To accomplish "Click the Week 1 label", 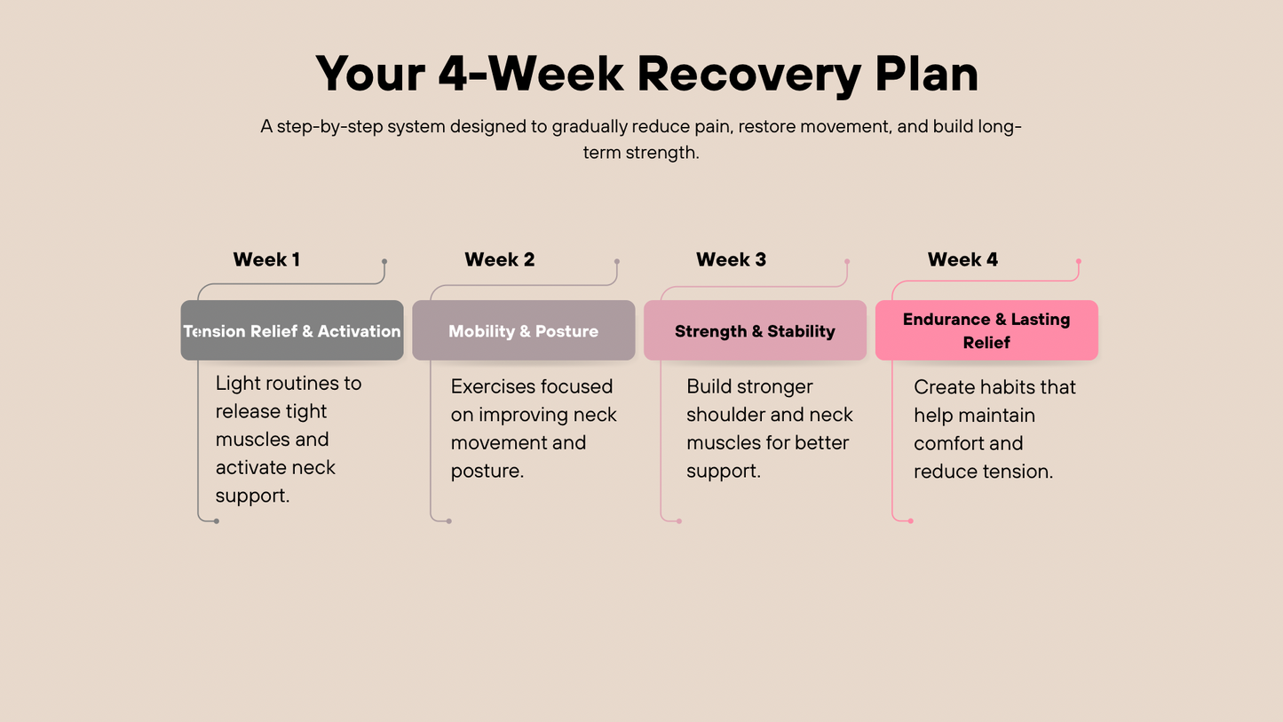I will (266, 260).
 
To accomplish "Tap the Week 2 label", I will (499, 260).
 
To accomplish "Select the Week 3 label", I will (731, 260).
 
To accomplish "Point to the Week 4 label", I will (962, 260).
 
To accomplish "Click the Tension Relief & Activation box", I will (292, 331).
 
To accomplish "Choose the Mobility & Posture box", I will (523, 331).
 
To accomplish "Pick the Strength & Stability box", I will (755, 331).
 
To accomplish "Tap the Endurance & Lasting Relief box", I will (986, 330).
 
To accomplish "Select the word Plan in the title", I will (926, 74).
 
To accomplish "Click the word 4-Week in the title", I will (530, 74).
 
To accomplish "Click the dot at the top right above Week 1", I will (384, 262).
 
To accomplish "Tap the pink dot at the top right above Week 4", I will (1079, 262).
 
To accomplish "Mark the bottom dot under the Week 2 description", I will (449, 521).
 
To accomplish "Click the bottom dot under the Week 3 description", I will (679, 521).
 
